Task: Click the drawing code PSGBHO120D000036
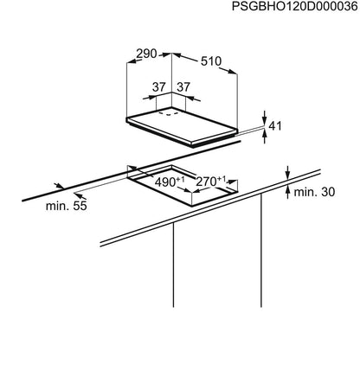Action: click(x=294, y=6)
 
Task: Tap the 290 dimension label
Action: click(x=146, y=54)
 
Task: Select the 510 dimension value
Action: click(x=211, y=61)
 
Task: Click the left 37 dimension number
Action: click(x=159, y=87)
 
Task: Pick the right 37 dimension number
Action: click(x=183, y=87)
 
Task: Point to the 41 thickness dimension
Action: click(x=275, y=125)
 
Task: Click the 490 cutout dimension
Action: click(x=165, y=182)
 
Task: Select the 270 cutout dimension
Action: click(x=206, y=182)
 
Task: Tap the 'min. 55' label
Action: click(x=67, y=206)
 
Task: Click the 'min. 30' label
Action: click(x=314, y=192)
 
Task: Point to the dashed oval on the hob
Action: click(x=169, y=113)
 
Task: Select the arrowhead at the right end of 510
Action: click(x=232, y=71)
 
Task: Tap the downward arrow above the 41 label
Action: click(x=265, y=118)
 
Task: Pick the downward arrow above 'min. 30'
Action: click(x=287, y=173)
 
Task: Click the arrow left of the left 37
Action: click(x=150, y=98)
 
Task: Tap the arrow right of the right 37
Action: click(x=193, y=99)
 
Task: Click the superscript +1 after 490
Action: click(x=180, y=179)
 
